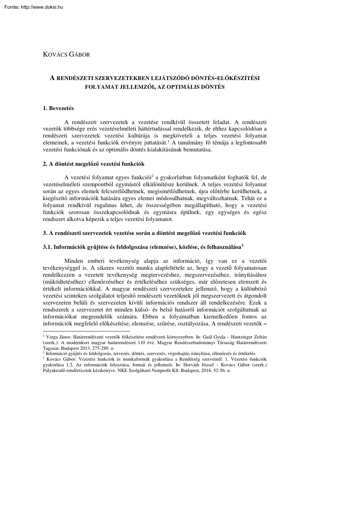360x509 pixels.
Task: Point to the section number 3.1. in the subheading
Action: (47, 247)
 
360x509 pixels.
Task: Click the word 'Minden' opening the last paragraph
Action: (73, 261)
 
